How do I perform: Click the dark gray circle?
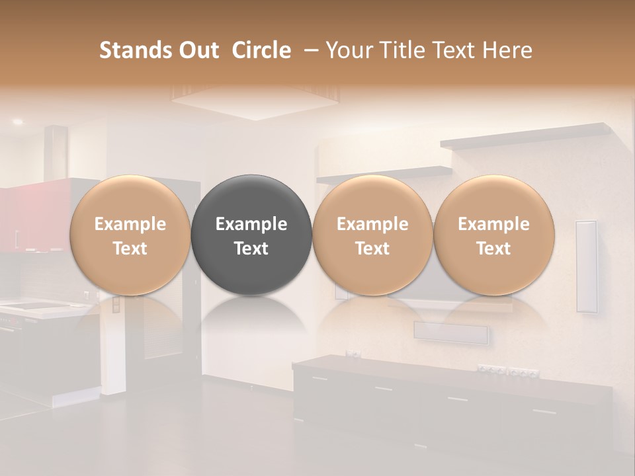(x=251, y=235)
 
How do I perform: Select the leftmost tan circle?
(x=130, y=235)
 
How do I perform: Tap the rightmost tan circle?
(x=493, y=235)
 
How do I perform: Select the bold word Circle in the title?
(x=261, y=50)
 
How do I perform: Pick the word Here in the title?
(x=507, y=50)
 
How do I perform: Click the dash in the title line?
(x=308, y=50)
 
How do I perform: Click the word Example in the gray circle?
(x=251, y=224)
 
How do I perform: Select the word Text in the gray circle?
(x=251, y=249)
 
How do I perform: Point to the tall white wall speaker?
(x=586, y=266)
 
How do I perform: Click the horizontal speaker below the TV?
(x=450, y=333)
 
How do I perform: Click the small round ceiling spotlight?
(x=17, y=122)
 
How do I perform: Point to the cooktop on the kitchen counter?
(x=30, y=305)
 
